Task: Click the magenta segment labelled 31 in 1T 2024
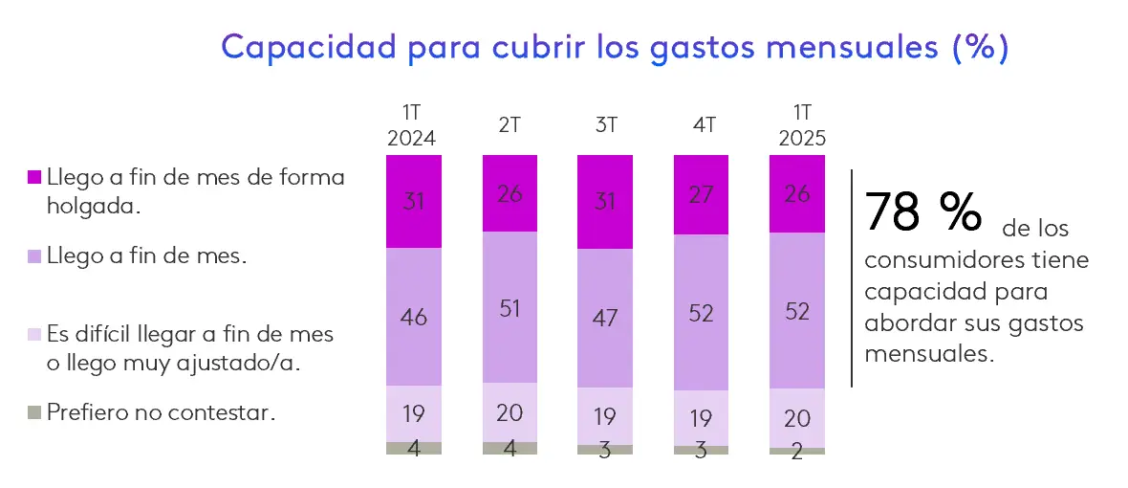click(414, 202)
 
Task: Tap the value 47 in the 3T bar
click(605, 317)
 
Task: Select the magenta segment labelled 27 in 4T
click(701, 195)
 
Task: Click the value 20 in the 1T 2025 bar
click(797, 417)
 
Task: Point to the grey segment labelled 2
click(797, 451)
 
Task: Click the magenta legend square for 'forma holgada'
click(34, 177)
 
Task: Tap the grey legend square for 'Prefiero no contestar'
click(34, 413)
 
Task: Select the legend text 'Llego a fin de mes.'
click(147, 255)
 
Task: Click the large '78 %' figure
click(922, 211)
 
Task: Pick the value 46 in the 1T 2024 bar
click(414, 317)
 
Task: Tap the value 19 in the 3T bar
click(605, 416)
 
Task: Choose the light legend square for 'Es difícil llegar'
click(34, 334)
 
